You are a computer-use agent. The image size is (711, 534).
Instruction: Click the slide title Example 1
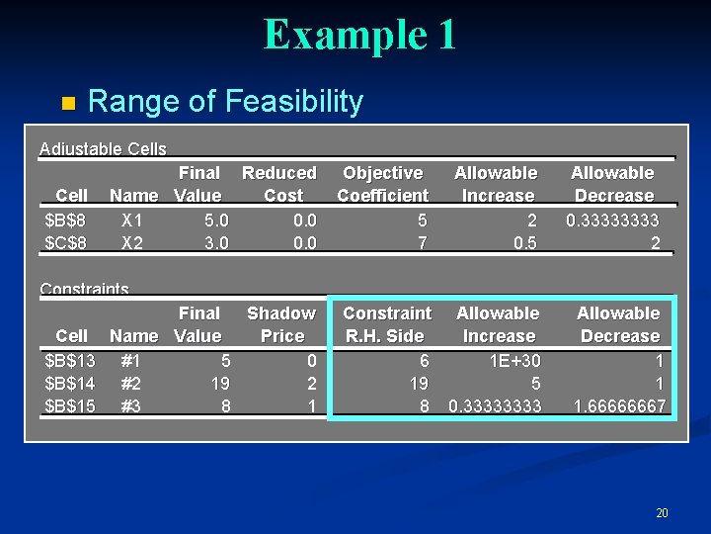pyautogui.click(x=359, y=36)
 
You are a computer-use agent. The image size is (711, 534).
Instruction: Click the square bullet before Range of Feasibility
pyautogui.click(x=67, y=103)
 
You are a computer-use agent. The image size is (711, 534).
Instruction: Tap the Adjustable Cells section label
pyautogui.click(x=103, y=149)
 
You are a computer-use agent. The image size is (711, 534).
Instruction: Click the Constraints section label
pyautogui.click(x=84, y=290)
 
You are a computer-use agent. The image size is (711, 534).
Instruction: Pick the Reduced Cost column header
pyautogui.click(x=279, y=184)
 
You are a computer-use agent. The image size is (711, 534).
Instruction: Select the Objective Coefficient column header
pyautogui.click(x=383, y=184)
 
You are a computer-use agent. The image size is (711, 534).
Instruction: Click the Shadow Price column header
pyautogui.click(x=281, y=324)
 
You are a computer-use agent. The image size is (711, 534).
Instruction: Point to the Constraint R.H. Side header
pyautogui.click(x=386, y=324)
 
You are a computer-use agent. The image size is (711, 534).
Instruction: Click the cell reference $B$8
pyautogui.click(x=66, y=219)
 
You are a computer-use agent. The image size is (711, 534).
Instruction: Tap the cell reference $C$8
pyautogui.click(x=66, y=242)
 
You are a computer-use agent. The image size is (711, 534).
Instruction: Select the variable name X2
pyautogui.click(x=132, y=242)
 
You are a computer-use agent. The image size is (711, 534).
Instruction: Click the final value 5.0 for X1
pyautogui.click(x=215, y=219)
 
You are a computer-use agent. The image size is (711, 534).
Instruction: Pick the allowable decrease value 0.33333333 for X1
pyautogui.click(x=612, y=219)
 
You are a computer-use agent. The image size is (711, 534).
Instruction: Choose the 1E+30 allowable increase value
pyautogui.click(x=514, y=360)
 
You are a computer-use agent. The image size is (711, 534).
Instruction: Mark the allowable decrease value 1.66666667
pyautogui.click(x=620, y=405)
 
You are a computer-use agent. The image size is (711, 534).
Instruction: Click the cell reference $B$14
pyautogui.click(x=70, y=383)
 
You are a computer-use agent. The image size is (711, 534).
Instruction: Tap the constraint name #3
pyautogui.click(x=129, y=405)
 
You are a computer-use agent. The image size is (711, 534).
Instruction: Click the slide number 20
pyautogui.click(x=662, y=512)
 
